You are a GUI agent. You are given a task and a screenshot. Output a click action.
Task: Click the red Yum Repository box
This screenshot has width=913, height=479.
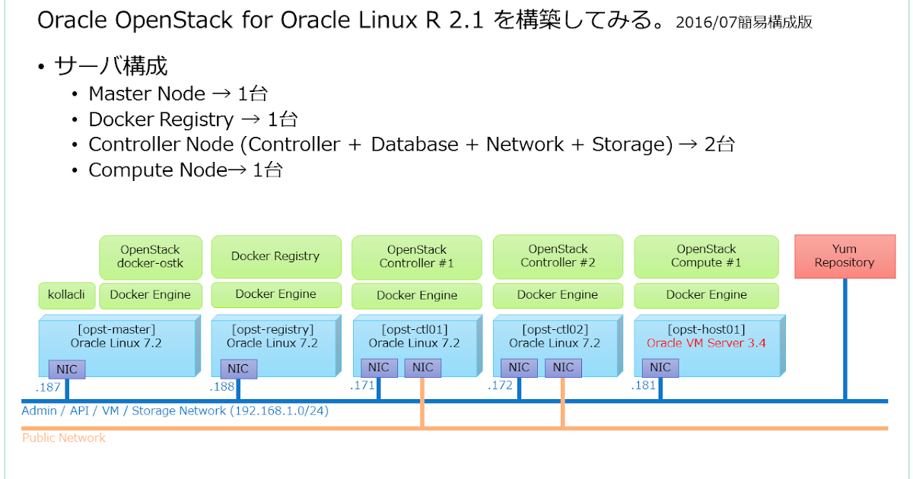[x=845, y=256]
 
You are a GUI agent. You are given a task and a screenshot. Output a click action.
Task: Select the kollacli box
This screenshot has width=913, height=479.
[x=66, y=295]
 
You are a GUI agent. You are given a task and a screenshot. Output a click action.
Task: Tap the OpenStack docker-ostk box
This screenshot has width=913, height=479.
[x=151, y=257]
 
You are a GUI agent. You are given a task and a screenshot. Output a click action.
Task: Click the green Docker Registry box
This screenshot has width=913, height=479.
[x=275, y=256]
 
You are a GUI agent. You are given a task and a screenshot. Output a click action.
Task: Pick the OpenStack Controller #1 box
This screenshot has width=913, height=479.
[x=416, y=257]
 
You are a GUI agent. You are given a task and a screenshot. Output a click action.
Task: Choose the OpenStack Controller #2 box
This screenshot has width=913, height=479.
[x=558, y=256]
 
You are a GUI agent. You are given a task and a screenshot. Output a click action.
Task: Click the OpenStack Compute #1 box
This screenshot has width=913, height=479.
[x=706, y=256]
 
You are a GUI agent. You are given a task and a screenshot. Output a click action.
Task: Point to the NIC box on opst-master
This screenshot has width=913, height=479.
[x=67, y=369]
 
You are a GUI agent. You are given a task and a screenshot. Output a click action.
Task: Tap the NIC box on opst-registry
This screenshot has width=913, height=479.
[x=239, y=369]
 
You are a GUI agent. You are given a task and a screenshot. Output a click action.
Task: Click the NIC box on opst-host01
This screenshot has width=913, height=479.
[x=660, y=368]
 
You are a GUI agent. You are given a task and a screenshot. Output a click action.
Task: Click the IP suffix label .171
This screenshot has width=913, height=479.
[x=362, y=386]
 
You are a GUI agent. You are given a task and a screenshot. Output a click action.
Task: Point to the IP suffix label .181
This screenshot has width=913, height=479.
[x=643, y=386]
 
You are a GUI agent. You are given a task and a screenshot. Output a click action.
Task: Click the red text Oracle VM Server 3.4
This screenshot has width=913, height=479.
[x=706, y=343]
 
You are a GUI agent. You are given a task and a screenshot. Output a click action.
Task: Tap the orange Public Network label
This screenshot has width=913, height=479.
[x=64, y=438]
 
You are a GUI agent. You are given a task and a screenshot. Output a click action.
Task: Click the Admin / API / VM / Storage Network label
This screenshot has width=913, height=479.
[x=175, y=411]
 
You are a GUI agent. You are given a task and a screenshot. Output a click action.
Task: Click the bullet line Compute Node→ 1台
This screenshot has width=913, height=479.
[x=186, y=170]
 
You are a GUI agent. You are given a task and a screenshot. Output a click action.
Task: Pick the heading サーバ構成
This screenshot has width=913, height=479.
[x=111, y=66]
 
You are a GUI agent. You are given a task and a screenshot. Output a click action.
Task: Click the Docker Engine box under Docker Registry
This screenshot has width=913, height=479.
[x=275, y=294]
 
